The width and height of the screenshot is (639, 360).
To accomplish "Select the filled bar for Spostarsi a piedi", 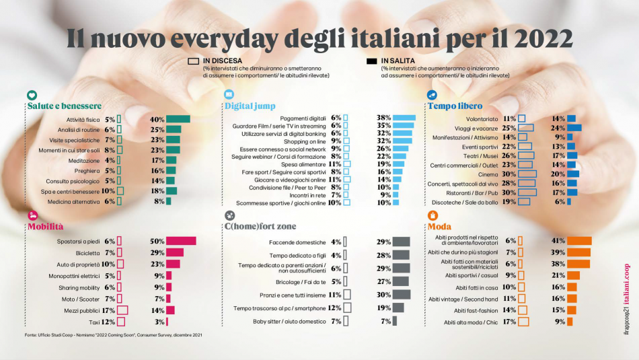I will [x=181, y=241].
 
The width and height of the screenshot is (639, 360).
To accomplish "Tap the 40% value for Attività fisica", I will [x=157, y=119].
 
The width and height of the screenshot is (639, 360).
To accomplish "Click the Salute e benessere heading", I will [x=65, y=106].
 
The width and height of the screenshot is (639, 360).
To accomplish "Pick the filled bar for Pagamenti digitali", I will [x=404, y=117].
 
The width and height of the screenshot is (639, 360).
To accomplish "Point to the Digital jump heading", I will [x=250, y=106].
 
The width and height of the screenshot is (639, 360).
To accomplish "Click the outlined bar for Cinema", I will [x=527, y=174].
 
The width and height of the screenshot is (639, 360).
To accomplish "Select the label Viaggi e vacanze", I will [x=475, y=128].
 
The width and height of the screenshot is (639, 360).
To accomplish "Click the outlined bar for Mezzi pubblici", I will [x=122, y=310].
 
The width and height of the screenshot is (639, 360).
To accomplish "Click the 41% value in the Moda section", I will [x=558, y=241].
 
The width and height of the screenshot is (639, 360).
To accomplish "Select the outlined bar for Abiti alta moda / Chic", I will [x=524, y=322].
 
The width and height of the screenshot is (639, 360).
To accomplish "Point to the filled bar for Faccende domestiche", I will [x=402, y=242].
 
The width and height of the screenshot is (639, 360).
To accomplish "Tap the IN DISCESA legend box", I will [x=194, y=61].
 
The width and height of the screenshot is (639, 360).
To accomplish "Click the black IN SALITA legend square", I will [x=371, y=61].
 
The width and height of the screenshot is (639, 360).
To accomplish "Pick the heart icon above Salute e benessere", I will [x=32, y=96].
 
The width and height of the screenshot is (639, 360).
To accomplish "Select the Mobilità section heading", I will [x=45, y=227].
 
